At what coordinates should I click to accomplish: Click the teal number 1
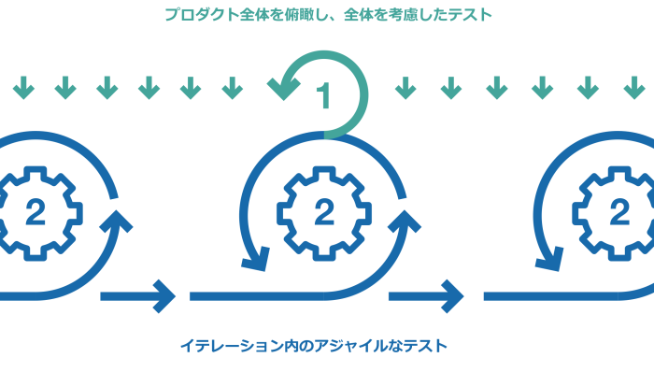pos(323,96)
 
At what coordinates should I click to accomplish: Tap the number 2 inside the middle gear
pos(323,213)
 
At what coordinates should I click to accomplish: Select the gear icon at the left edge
pos(36,213)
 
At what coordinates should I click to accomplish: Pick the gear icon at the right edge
pos(617,213)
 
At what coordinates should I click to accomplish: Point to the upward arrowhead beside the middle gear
pos(405,222)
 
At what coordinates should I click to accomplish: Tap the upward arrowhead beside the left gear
pos(118,222)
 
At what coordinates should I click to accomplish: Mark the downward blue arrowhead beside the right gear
pos(548,259)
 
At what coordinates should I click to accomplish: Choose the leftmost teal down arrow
pos(23,89)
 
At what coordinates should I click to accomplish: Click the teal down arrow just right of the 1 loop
pos(405,89)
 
